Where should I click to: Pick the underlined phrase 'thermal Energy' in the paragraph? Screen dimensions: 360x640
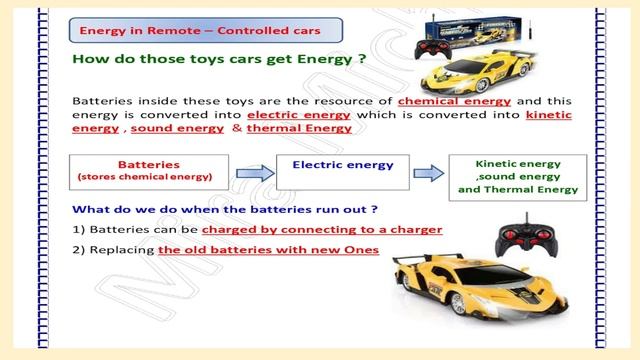point(299,129)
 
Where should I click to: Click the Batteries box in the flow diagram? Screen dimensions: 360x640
point(148,173)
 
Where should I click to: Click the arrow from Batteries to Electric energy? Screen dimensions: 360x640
point(250,173)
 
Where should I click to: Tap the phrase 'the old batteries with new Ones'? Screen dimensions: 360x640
point(268,249)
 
